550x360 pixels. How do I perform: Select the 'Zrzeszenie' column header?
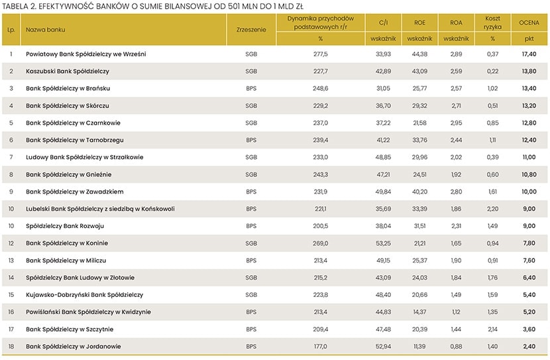pos(250,30)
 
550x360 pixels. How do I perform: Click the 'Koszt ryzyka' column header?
pos(492,23)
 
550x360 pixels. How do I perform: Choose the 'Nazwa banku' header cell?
pos(46,30)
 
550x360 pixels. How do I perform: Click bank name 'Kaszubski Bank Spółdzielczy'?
pos(68,71)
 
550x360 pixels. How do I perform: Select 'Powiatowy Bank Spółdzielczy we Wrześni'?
pos(86,54)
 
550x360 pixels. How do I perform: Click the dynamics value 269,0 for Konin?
pos(321,243)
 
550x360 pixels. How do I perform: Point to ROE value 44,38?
pos(419,54)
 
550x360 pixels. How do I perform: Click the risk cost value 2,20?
pos(492,209)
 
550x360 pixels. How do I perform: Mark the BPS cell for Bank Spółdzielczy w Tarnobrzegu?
pos(251,140)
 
